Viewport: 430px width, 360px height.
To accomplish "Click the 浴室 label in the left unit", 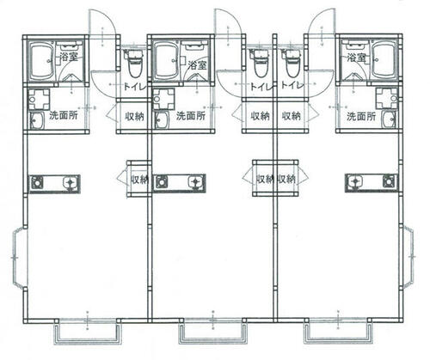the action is click(x=69, y=57).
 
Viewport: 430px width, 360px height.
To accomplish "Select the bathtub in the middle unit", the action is click(x=165, y=61).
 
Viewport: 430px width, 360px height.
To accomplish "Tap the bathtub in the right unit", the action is click(x=384, y=61).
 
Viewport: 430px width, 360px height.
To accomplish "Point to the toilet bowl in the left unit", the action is click(x=134, y=64).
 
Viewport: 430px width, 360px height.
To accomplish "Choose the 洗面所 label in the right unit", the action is click(x=361, y=116).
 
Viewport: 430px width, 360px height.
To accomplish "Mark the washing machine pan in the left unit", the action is click(x=40, y=99).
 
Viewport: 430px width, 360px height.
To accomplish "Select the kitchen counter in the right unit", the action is click(x=372, y=183).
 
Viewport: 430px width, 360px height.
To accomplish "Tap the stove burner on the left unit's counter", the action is click(x=37, y=182).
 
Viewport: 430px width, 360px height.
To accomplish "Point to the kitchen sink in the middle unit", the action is click(x=196, y=182).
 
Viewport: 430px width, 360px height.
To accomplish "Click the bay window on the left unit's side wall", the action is click(x=20, y=258).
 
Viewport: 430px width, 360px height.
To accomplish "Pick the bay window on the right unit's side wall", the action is click(x=408, y=256).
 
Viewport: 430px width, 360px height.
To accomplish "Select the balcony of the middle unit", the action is click(x=212, y=333).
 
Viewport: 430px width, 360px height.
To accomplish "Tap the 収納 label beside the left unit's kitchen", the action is click(x=140, y=180).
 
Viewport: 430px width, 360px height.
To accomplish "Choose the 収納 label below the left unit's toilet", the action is click(x=134, y=116).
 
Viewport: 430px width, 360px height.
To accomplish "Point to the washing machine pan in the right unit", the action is click(x=387, y=98).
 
